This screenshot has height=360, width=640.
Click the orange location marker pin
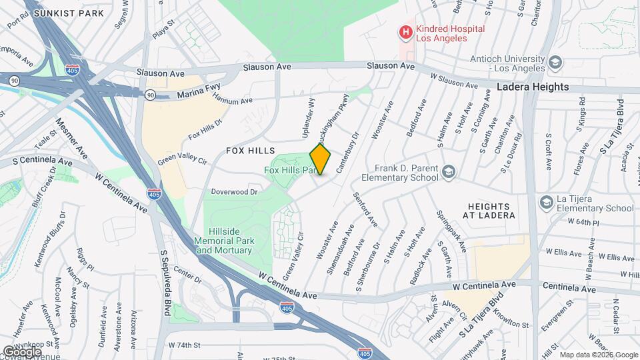[321, 159]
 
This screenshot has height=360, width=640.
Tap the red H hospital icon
[405, 31]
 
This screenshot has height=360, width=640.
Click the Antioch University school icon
[556, 63]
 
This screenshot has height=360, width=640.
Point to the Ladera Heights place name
[533, 87]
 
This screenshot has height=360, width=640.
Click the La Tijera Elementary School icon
[547, 202]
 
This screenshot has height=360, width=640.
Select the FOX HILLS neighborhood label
[250, 151]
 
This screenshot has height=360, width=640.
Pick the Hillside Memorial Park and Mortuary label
[223, 245]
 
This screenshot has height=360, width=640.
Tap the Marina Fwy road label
[199, 96]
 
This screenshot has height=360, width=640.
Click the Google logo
[22, 351]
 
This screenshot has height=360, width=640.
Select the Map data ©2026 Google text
[598, 355]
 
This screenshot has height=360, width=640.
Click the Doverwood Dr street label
[234, 192]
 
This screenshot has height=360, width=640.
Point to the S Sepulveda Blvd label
[165, 283]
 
